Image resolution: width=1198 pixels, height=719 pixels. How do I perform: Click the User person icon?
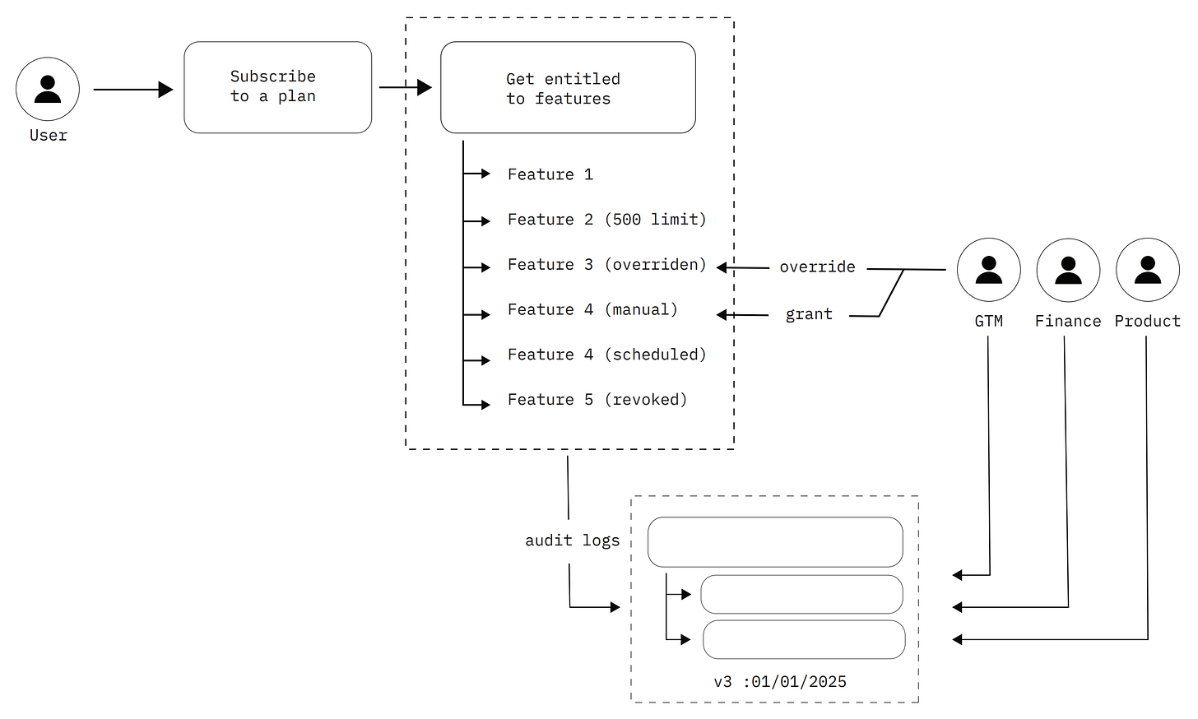click(48, 89)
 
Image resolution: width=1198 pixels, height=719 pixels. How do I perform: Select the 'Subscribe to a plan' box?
click(277, 87)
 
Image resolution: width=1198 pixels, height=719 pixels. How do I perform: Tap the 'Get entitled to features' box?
click(568, 87)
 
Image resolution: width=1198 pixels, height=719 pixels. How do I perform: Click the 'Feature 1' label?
click(550, 174)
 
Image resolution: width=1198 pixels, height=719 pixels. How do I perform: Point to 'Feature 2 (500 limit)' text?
click(606, 220)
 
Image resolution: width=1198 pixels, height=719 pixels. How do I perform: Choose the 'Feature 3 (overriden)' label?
click(606, 265)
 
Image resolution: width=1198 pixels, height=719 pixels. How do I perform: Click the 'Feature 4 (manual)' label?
click(592, 310)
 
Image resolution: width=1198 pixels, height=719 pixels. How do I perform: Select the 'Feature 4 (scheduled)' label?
click(606, 355)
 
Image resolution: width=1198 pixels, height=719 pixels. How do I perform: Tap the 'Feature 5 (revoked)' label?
click(597, 400)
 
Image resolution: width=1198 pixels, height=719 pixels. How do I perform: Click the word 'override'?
click(817, 267)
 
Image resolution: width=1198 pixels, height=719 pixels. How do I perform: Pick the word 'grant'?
click(809, 314)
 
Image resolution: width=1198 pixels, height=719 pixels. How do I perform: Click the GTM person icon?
click(988, 270)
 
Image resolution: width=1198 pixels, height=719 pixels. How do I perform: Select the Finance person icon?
click(1068, 270)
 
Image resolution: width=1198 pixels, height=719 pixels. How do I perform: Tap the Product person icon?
click(1147, 270)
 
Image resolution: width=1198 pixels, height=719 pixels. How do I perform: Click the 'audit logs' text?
click(572, 540)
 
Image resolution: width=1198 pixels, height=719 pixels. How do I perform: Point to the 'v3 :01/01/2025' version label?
click(779, 682)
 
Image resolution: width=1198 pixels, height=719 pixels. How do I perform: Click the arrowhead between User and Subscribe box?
click(165, 89)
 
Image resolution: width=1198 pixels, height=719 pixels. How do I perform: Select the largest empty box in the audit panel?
click(774, 542)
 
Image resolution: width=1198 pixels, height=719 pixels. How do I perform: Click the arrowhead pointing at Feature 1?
click(485, 174)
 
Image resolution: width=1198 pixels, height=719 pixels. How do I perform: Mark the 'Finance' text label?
click(1067, 322)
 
